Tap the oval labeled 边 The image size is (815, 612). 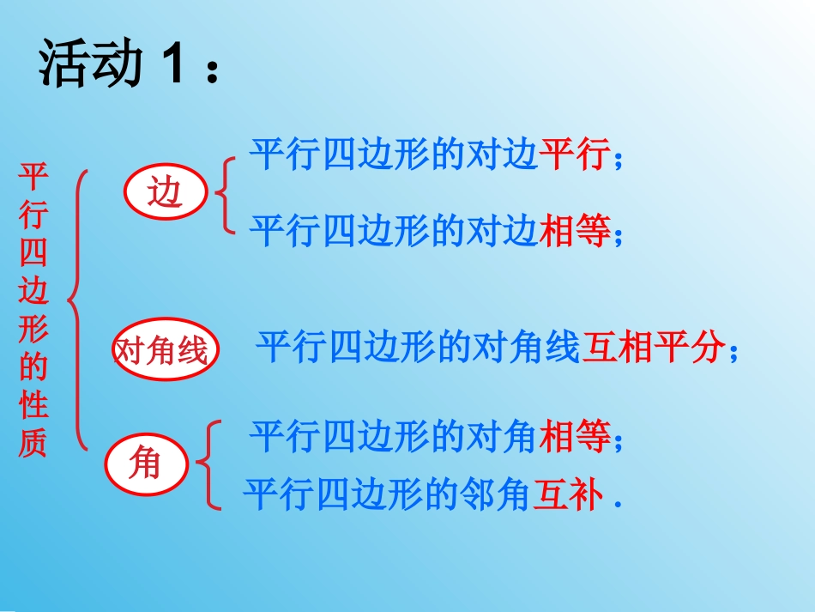[166, 193]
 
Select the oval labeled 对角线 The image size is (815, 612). [162, 350]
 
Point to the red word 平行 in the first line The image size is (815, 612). [574, 155]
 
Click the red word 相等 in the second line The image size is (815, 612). [574, 231]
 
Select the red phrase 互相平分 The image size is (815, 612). [653, 348]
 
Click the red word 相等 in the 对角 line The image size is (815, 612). [574, 437]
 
